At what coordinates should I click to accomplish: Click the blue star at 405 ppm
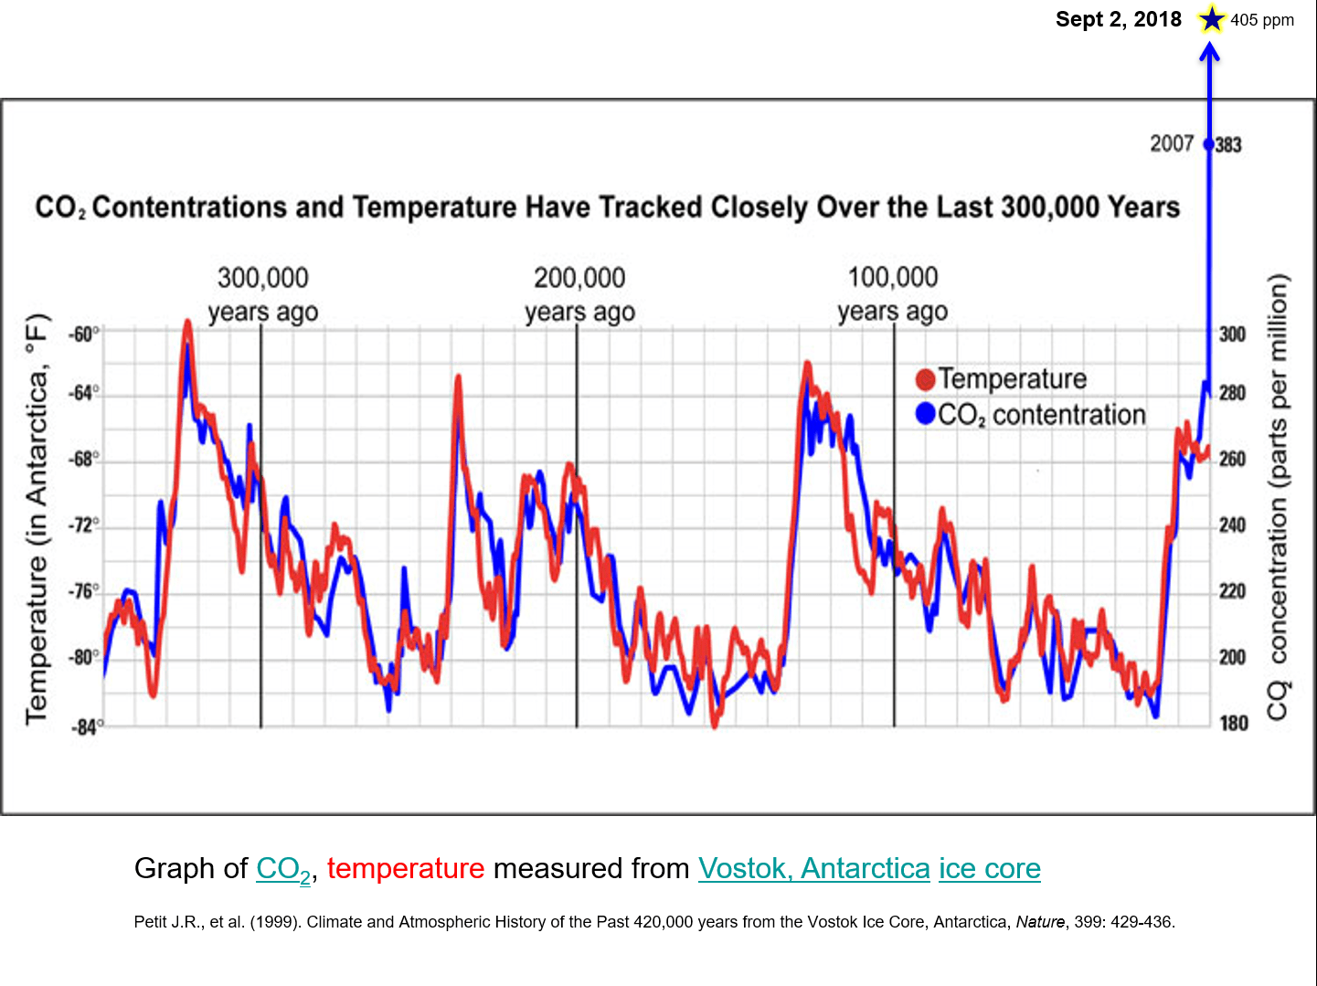coord(1211,19)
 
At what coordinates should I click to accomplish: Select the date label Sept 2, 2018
coord(1118,19)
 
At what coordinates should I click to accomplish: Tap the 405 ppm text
coord(1262,20)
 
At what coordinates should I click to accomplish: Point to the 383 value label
coord(1228,144)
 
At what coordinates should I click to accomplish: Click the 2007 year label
coord(1172,143)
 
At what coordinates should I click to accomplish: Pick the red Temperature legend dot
coord(925,379)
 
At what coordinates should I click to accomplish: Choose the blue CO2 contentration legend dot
coord(925,415)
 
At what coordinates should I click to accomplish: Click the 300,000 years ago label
coord(262,293)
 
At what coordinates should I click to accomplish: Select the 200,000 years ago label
coord(579,293)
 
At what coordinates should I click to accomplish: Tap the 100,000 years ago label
coord(893,293)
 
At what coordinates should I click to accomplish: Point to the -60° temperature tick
coord(83,334)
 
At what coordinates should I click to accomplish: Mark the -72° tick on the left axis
coord(83,525)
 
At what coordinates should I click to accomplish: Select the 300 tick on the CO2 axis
coord(1232,334)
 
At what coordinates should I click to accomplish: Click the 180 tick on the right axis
coord(1233,724)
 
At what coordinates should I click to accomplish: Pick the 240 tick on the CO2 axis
coord(1232,525)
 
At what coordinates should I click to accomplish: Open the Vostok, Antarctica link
coord(813,868)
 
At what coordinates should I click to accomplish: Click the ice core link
coord(989,868)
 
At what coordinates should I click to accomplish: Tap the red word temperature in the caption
coord(405,868)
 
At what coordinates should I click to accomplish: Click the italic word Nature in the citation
coord(1040,922)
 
